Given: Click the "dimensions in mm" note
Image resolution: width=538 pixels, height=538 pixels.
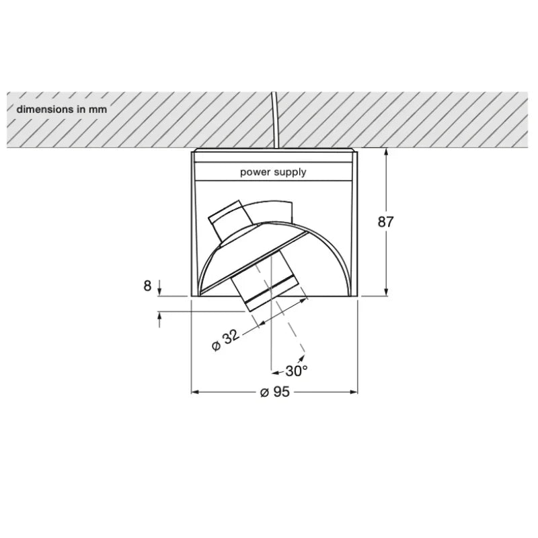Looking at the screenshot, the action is point(62,110).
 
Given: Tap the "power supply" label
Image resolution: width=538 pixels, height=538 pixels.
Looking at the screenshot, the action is point(273,172).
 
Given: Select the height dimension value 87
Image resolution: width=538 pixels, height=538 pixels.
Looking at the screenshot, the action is point(385,222).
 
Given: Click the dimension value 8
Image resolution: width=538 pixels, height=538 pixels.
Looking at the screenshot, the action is point(147,286).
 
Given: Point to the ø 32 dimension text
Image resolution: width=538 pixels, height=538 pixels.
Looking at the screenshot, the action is point(225,340).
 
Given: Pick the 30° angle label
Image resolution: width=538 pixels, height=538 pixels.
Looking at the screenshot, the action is point(297,371).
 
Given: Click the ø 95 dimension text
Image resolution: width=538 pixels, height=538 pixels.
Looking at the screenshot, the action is point(275,392).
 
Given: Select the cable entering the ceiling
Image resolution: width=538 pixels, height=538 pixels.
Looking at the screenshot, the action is point(274,120).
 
